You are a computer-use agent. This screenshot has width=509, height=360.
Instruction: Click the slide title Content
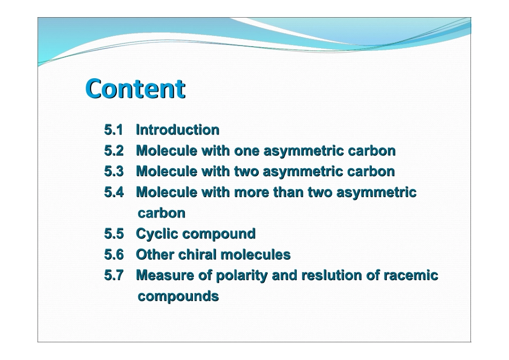(x=135, y=89)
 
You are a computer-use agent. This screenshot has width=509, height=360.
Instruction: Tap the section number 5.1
(x=114, y=130)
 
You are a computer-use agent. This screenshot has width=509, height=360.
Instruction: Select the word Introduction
(x=177, y=130)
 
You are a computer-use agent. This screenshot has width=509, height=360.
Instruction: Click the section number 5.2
(x=114, y=151)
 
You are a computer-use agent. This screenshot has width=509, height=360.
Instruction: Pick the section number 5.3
(x=114, y=171)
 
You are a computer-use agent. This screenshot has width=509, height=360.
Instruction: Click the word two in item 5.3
(x=246, y=171)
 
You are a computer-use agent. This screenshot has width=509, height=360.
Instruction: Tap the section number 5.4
(x=114, y=192)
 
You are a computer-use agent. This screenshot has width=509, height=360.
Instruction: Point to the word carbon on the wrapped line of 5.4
(x=161, y=213)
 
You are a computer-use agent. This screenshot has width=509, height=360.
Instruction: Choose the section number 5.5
(x=114, y=234)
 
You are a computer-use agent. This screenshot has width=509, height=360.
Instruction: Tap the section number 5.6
(x=114, y=254)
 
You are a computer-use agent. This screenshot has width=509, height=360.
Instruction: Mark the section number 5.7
(x=114, y=275)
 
